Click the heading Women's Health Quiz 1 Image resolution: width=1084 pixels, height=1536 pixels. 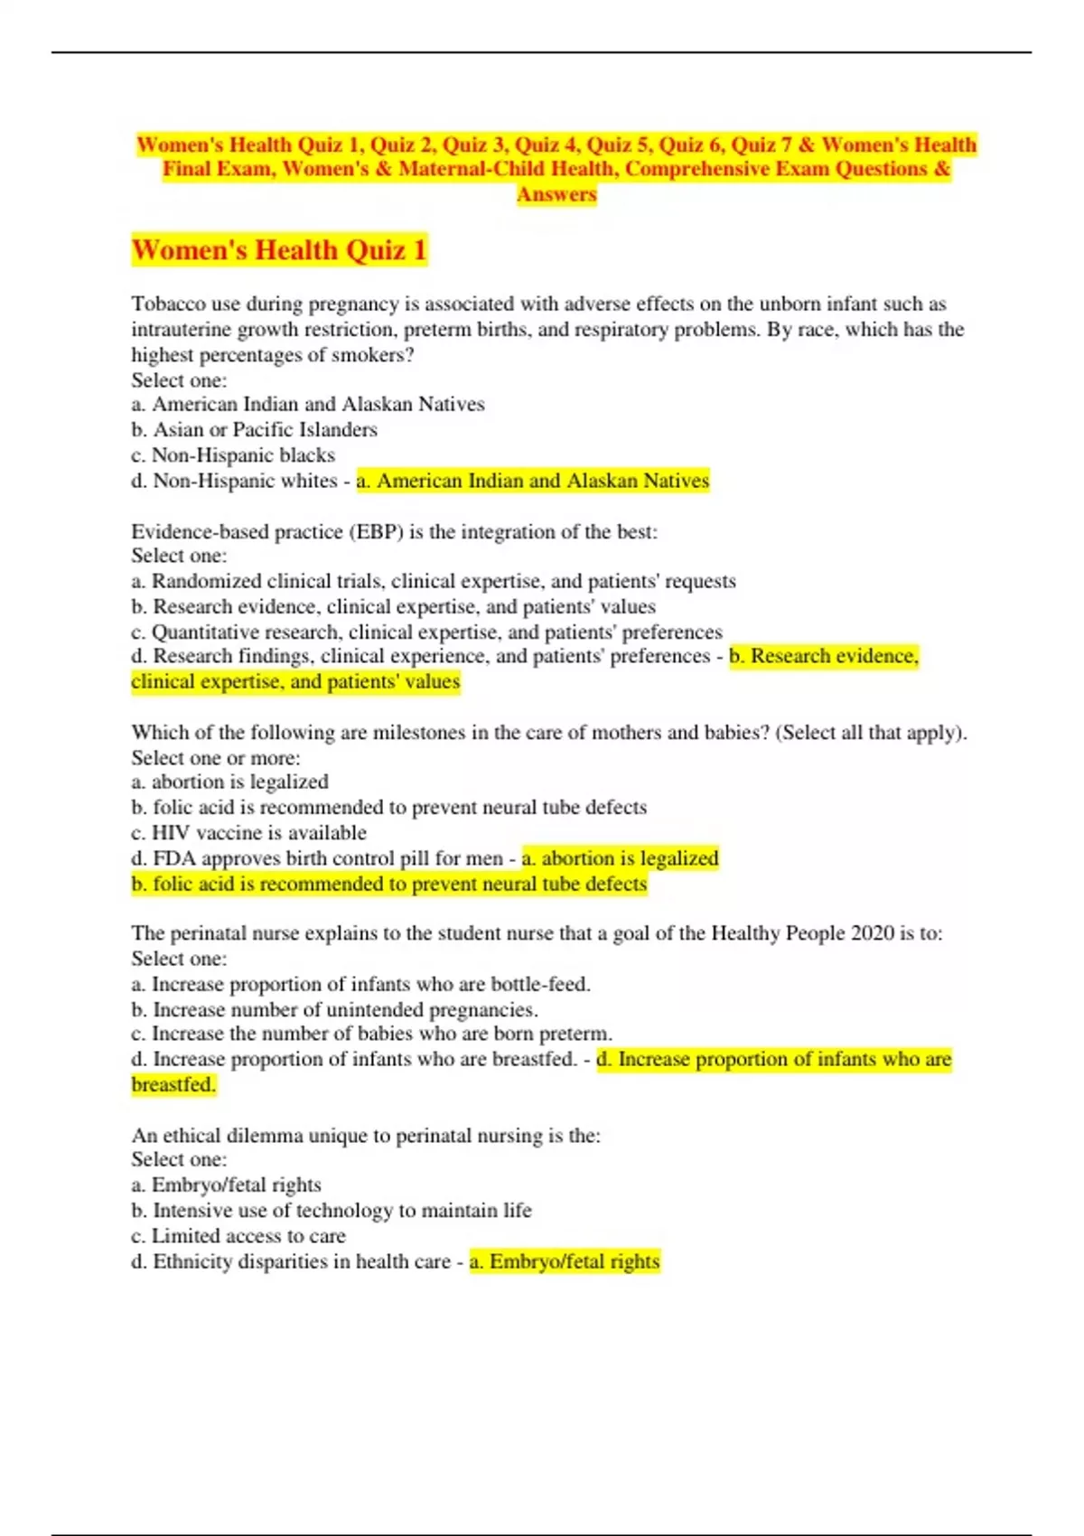click(x=278, y=249)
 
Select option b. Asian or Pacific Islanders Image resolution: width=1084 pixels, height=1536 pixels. click(x=254, y=429)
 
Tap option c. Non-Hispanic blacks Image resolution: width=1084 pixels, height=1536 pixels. click(x=233, y=454)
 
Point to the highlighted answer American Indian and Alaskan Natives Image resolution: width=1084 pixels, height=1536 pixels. click(x=533, y=481)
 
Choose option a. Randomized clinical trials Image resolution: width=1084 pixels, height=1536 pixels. click(x=434, y=581)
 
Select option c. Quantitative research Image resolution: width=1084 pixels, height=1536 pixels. click(x=426, y=632)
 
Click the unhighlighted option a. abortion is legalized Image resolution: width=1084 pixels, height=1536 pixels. click(x=229, y=782)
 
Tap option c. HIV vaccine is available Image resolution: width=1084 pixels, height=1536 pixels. click(x=248, y=832)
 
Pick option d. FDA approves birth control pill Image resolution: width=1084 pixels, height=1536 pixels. click(x=316, y=857)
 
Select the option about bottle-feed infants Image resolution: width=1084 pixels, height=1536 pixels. click(x=360, y=984)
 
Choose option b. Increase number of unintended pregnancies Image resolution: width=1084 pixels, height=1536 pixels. click(x=334, y=1009)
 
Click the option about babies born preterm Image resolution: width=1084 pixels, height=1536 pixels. click(x=371, y=1034)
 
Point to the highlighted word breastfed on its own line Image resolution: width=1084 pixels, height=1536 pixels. click(x=173, y=1084)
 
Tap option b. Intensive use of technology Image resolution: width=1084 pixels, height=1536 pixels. click(x=331, y=1210)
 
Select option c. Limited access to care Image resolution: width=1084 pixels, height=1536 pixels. click(x=238, y=1235)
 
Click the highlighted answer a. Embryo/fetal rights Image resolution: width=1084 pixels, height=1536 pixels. click(x=565, y=1261)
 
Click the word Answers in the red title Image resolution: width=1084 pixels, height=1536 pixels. click(x=556, y=194)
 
